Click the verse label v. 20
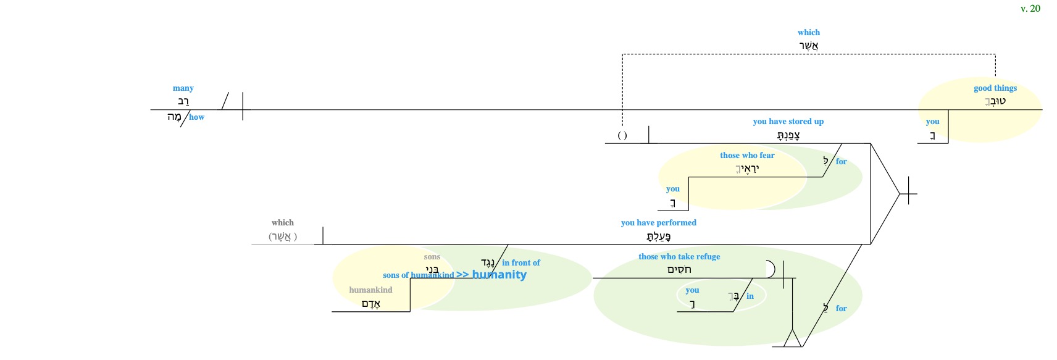(x=1030, y=9)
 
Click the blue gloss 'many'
(x=183, y=88)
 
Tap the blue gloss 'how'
(x=196, y=117)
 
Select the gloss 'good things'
(x=995, y=88)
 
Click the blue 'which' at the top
(x=808, y=33)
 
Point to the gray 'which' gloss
(x=282, y=223)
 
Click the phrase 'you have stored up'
(x=788, y=122)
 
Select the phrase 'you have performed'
(x=658, y=223)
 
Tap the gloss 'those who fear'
(x=746, y=156)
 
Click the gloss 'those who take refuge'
(x=679, y=257)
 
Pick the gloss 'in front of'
(x=520, y=263)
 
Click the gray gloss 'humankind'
(x=370, y=290)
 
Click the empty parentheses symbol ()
(x=622, y=136)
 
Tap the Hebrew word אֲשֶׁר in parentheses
(x=283, y=237)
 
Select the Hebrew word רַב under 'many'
(x=183, y=102)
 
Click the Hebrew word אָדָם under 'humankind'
(x=370, y=304)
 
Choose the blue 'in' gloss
(x=750, y=296)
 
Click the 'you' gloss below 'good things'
(x=932, y=122)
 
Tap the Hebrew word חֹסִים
(x=679, y=270)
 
